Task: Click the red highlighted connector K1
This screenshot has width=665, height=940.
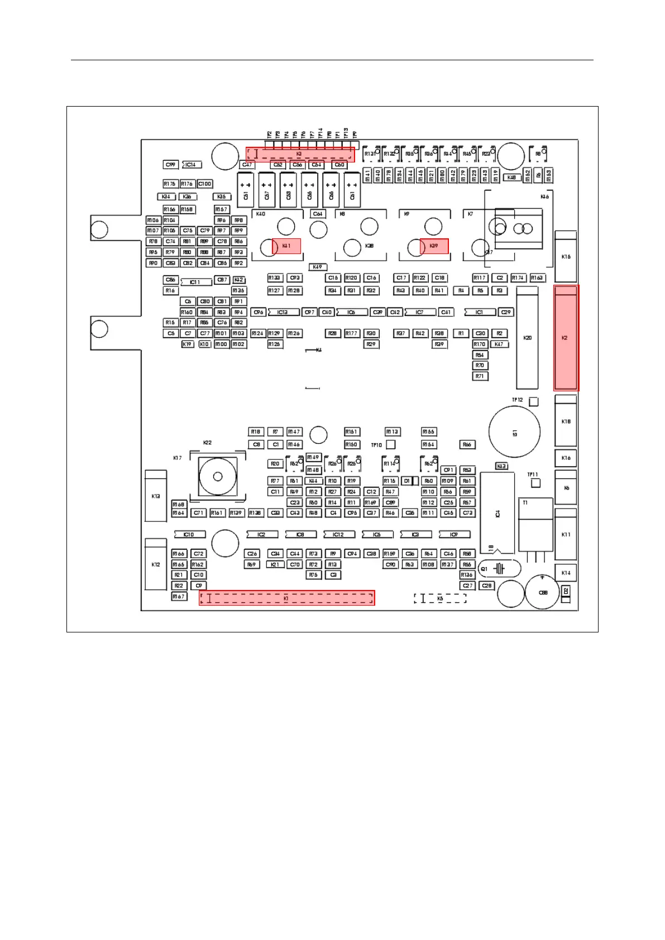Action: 286,598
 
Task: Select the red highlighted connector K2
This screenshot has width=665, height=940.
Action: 566,338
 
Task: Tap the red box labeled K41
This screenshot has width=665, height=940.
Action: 286,246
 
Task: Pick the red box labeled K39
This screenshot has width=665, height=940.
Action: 434,246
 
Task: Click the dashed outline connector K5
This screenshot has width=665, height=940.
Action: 440,598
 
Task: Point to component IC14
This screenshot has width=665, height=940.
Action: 192,165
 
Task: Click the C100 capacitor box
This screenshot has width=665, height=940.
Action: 205,184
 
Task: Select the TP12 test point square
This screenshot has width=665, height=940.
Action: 533,401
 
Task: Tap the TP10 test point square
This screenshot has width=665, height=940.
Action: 391,444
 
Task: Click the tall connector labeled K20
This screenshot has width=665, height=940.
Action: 527,338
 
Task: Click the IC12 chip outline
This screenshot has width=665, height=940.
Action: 338,534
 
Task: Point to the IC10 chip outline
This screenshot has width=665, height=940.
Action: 189,534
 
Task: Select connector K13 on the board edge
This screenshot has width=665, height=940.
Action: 156,496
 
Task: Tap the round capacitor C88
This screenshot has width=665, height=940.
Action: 542,592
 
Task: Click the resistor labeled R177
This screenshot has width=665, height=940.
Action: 351,333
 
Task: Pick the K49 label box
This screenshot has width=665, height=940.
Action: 317,267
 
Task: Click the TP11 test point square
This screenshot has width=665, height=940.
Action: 535,483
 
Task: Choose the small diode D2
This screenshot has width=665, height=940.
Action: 566,591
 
